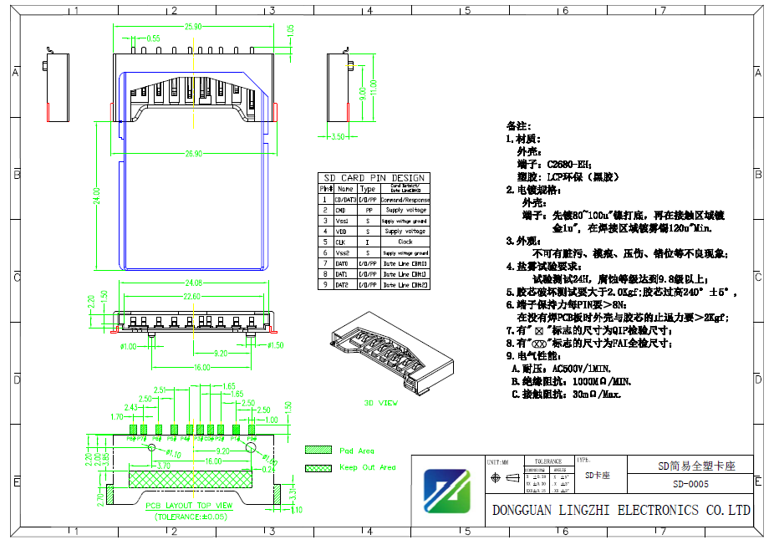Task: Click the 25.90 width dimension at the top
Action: coord(194,28)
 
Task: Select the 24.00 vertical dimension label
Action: coord(97,196)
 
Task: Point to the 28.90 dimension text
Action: coord(194,153)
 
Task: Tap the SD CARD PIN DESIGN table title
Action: coord(374,178)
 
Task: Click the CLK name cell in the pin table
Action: coord(341,242)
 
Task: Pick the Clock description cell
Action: coord(405,242)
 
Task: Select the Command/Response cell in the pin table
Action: coord(405,200)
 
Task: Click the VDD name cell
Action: coord(341,231)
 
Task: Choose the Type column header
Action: coord(368,189)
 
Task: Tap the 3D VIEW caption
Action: coord(380,403)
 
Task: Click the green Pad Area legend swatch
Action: coord(318,450)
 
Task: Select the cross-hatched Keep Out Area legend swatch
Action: coord(318,467)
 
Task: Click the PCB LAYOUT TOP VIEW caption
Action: coord(189,506)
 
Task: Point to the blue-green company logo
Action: coord(447,491)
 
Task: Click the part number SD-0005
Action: coord(690,484)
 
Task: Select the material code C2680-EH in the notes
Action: coord(578,165)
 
